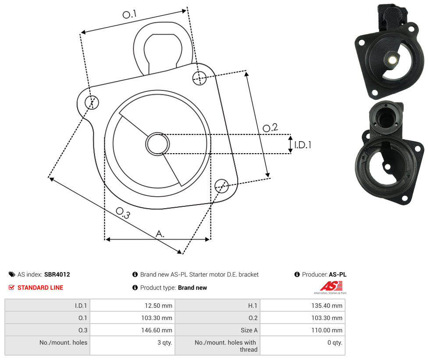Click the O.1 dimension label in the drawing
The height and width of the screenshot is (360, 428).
tap(129, 14)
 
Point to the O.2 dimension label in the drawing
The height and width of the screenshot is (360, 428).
tap(270, 128)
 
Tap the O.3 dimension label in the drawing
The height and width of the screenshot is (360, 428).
tap(123, 213)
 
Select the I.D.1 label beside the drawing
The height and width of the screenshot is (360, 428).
tap(303, 144)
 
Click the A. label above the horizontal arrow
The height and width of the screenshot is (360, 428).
tap(160, 234)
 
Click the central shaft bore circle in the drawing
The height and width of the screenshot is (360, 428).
tap(157, 144)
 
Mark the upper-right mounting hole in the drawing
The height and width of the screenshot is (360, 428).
tap(200, 78)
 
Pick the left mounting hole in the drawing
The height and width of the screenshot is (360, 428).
tap(92, 102)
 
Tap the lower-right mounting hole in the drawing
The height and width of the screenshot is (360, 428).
tap(221, 186)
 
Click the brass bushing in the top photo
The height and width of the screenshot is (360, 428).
tap(392, 60)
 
